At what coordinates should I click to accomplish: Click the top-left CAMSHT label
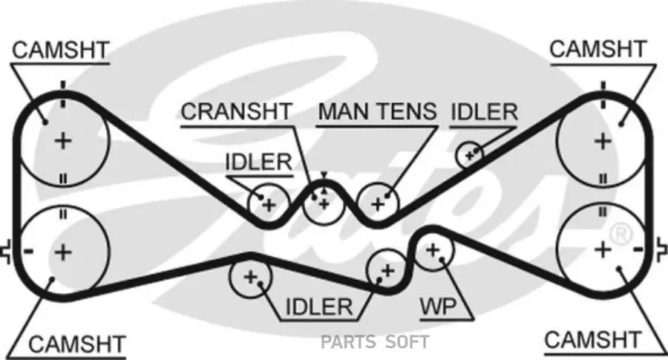[x=61, y=50]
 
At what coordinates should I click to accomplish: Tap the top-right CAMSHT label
[x=598, y=50]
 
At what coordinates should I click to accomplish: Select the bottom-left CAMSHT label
[x=77, y=344]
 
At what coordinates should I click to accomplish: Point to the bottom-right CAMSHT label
[x=592, y=340]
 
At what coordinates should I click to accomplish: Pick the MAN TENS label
[x=377, y=112]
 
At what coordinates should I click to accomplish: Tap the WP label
[x=438, y=305]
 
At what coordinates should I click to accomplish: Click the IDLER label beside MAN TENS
[x=484, y=112]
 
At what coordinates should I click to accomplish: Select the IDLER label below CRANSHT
[x=258, y=163]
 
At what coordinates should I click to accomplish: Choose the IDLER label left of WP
[x=319, y=305]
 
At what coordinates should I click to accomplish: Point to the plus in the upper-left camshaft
[x=64, y=140]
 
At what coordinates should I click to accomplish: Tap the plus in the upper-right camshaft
[x=602, y=140]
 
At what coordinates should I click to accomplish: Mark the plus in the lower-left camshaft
[x=64, y=252]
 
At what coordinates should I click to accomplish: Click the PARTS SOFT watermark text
[x=375, y=342]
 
